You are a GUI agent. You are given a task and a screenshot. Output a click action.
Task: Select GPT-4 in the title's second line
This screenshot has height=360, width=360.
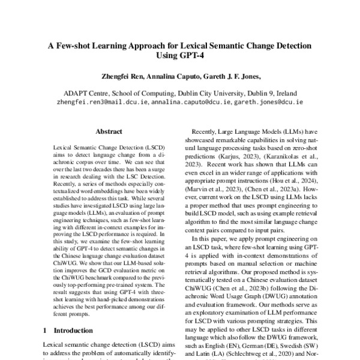[x=192, y=58]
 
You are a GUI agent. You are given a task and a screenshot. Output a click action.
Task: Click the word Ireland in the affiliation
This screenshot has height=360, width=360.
[x=281, y=93]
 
